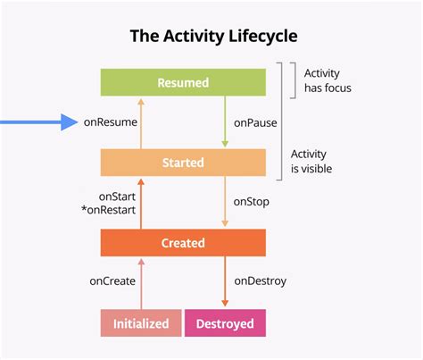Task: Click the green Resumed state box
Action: point(183,82)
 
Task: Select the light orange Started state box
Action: point(183,163)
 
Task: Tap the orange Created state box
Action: point(183,243)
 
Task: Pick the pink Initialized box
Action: point(140,323)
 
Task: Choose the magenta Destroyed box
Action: point(225,323)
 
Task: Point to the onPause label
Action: point(254,122)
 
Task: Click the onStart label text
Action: point(117,196)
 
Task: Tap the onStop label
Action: point(252,203)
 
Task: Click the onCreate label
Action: point(112,281)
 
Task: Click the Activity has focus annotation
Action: point(327,81)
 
